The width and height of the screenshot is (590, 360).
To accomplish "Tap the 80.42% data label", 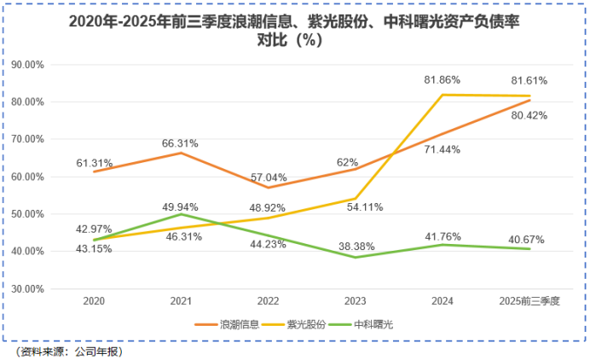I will pyautogui.click(x=529, y=115).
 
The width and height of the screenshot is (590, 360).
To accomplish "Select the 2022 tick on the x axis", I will pyautogui.click(x=268, y=301).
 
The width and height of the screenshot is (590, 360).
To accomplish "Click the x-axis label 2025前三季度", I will pyautogui.click(x=529, y=301).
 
